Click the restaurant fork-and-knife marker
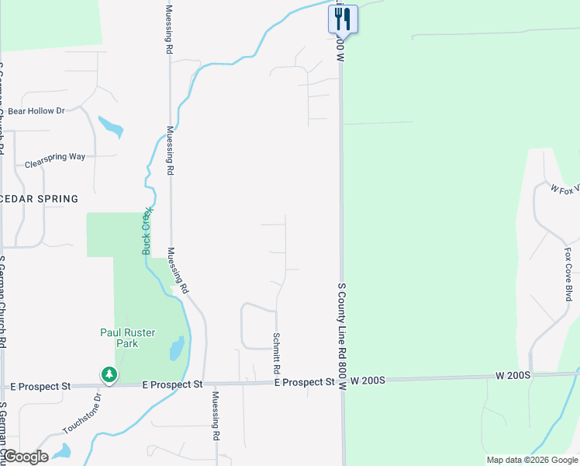pos(342,19)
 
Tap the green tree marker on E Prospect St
pos(109,375)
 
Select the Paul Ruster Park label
pos(128,338)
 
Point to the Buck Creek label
pos(148,231)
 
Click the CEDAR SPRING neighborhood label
pos(40,199)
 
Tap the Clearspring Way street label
pos(55,161)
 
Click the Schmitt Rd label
pos(275,350)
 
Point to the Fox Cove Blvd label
pos(568,274)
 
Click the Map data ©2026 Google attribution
pos(532,460)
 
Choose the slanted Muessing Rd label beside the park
pos(178,270)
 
